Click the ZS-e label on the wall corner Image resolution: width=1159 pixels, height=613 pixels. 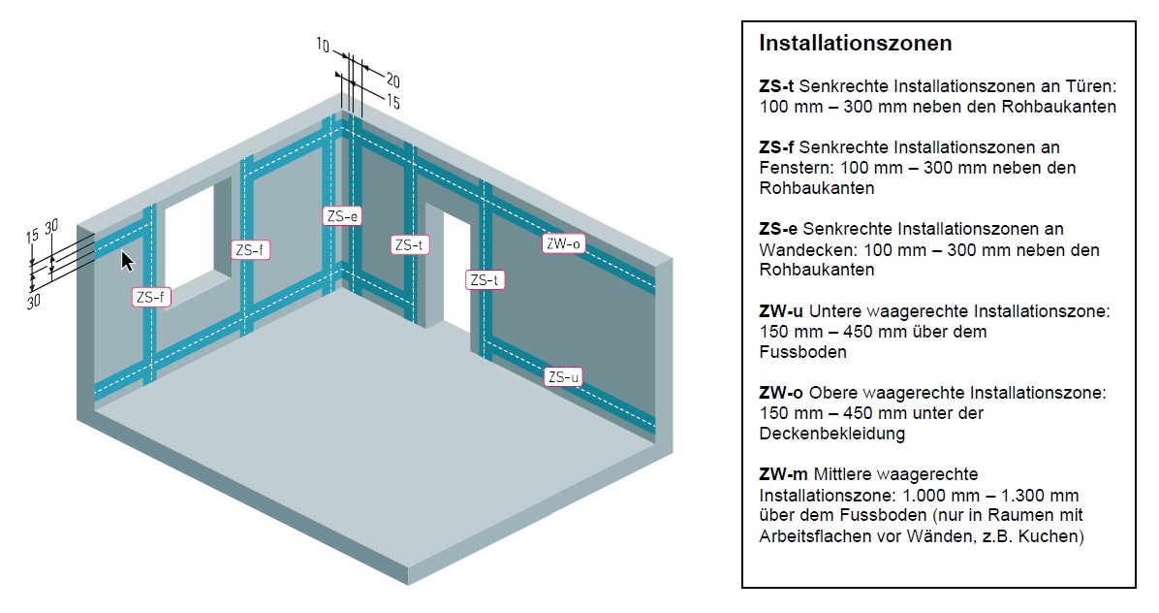pyautogui.click(x=343, y=216)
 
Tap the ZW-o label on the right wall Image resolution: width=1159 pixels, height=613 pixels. pyautogui.click(x=563, y=244)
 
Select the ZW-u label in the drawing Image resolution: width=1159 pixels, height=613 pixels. pyautogui.click(x=563, y=376)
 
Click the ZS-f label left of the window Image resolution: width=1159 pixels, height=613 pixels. pyautogui.click(x=150, y=298)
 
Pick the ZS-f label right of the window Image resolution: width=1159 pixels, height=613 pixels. pyautogui.click(x=251, y=250)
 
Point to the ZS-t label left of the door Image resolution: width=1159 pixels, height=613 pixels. pyautogui.click(x=410, y=245)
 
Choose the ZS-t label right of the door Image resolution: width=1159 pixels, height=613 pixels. pyautogui.click(x=485, y=280)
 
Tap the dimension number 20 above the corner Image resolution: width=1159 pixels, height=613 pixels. pyautogui.click(x=393, y=80)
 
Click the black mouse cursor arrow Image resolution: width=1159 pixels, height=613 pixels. pyautogui.click(x=127, y=261)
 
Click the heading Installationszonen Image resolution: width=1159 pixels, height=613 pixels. pyautogui.click(x=855, y=44)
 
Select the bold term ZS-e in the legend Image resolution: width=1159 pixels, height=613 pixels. pyautogui.click(x=777, y=229)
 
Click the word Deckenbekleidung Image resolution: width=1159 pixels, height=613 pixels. pyautogui.click(x=831, y=434)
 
